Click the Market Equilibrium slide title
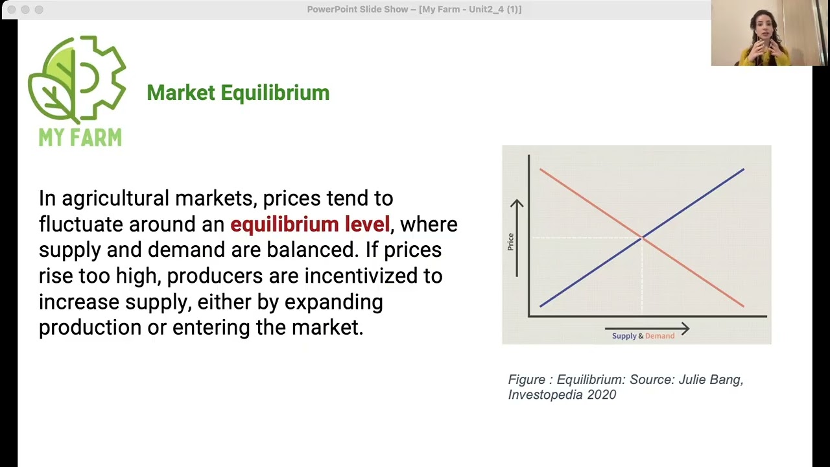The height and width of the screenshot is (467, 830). coord(238,93)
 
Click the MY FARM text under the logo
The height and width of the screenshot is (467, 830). coord(80,138)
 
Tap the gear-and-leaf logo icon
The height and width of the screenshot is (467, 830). coord(77,78)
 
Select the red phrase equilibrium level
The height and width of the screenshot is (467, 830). coord(310,224)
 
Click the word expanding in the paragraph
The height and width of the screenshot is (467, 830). coord(333,302)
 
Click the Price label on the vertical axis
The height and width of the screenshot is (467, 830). coord(510,241)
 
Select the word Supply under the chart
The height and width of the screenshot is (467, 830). coord(624,336)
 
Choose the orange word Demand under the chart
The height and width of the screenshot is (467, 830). coord(659,336)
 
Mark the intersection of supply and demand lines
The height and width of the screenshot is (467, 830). coord(642,238)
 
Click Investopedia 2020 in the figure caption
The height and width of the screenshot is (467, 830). coord(562,395)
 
